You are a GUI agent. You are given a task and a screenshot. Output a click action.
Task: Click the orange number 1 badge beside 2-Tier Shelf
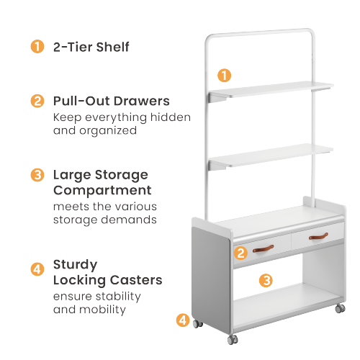click(37, 47)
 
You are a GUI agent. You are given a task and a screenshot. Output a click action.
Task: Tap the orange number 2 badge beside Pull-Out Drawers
click(37, 101)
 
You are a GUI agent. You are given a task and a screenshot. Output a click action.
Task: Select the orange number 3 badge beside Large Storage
click(37, 175)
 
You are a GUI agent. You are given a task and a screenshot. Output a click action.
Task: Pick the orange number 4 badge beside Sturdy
click(37, 269)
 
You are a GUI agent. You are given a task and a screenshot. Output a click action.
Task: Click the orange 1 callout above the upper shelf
click(224, 76)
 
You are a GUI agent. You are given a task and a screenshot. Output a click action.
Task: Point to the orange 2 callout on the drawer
click(240, 253)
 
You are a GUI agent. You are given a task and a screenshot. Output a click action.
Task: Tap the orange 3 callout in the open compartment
click(266, 280)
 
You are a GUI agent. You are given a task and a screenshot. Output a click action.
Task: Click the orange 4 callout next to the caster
click(183, 320)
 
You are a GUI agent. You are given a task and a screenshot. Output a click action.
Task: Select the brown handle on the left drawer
click(264, 248)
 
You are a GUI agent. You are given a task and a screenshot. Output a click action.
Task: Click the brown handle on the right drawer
click(318, 236)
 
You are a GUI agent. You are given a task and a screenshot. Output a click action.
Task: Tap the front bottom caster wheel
click(233, 339)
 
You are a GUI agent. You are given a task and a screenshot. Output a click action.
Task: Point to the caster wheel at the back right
click(340, 308)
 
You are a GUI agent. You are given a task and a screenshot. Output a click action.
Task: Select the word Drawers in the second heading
click(142, 101)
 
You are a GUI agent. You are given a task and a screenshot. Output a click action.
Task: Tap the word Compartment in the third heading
click(102, 191)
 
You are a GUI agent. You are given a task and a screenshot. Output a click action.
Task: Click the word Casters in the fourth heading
click(136, 280)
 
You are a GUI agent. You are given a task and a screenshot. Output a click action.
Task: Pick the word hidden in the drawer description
click(171, 117)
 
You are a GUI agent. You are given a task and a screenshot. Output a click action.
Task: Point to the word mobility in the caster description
click(102, 310)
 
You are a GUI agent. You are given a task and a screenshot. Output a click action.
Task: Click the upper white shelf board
click(271, 90)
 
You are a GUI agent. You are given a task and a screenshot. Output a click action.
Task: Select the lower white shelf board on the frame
click(271, 156)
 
